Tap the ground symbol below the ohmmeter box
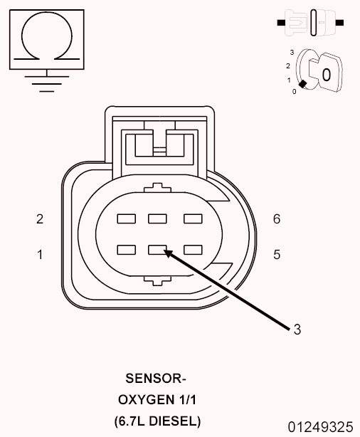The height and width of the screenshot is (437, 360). click(47, 83)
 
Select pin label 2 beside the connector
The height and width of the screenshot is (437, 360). click(40, 219)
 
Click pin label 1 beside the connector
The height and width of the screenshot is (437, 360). click(40, 255)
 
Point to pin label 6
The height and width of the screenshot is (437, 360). click(277, 219)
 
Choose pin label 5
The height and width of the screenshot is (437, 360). click(277, 255)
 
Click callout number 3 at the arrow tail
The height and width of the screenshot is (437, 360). click(297, 330)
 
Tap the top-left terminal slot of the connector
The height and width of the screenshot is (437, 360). click(127, 218)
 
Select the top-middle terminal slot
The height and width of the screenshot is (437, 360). click(157, 218)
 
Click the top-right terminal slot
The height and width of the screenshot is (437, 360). click(193, 218)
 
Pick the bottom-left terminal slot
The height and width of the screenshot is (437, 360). click(127, 250)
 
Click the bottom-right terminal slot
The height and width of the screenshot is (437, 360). click(193, 250)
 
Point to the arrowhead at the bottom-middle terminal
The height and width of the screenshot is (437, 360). click(168, 253)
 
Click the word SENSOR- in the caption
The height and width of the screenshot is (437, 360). click(156, 379)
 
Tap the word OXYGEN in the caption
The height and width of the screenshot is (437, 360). click(144, 400)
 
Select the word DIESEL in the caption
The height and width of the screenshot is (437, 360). click(174, 421)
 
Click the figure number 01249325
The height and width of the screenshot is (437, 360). click(320, 427)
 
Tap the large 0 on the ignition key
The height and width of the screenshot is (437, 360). click(327, 75)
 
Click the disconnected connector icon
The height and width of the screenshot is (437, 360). click(310, 23)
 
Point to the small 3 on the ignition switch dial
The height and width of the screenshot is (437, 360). click(292, 53)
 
